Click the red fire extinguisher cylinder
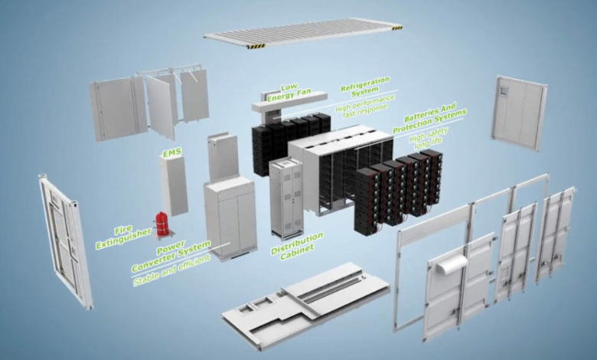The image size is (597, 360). (x=162, y=224)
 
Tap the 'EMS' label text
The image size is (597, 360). (x=170, y=155)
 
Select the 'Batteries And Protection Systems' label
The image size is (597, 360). (x=429, y=121)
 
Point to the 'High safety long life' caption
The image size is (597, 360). (x=430, y=138)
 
